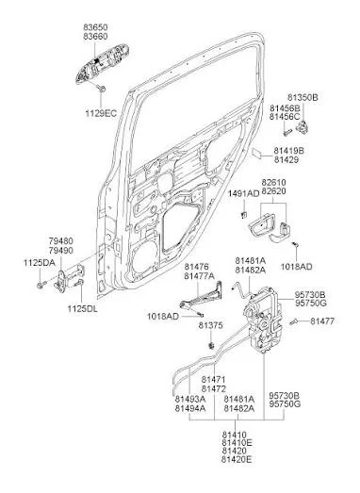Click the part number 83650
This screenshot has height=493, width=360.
click(95, 27)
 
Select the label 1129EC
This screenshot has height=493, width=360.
click(101, 113)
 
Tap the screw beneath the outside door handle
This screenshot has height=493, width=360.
click(101, 89)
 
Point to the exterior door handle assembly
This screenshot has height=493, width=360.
click(102, 63)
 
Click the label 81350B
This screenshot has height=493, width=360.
click(303, 97)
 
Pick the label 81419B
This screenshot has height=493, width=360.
click(289, 151)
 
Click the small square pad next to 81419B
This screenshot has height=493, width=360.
click(257, 153)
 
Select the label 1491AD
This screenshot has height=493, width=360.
click(244, 193)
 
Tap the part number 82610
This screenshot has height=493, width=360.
click(274, 182)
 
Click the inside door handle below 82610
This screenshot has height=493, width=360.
click(262, 224)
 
